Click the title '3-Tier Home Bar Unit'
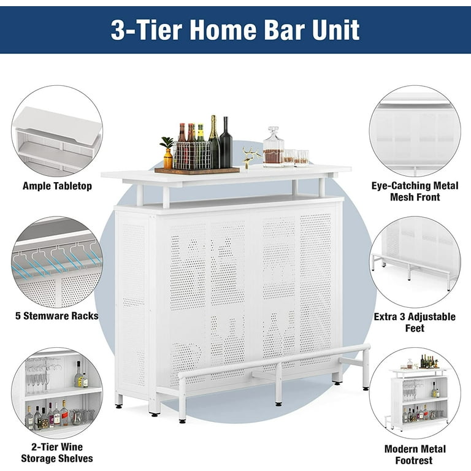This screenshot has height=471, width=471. click(x=235, y=29)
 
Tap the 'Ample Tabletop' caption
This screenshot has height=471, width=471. click(x=57, y=186)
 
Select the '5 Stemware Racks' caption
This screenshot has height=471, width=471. click(x=57, y=317)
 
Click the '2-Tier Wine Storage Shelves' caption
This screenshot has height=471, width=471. click(x=57, y=453)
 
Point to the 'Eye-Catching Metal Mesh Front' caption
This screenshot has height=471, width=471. click(x=414, y=191)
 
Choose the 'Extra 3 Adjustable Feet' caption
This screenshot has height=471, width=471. click(x=415, y=323)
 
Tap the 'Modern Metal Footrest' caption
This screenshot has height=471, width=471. click(x=415, y=454)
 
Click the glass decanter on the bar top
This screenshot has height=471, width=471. click(x=273, y=148)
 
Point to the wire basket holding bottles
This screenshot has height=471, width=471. click(x=191, y=156)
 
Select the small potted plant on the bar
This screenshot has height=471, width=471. click(x=167, y=153)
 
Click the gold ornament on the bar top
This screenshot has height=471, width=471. click(x=248, y=157)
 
